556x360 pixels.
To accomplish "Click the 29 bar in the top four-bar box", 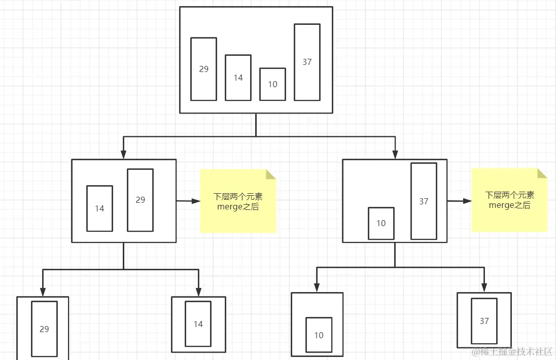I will (x=203, y=69).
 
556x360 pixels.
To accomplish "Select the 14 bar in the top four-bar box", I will (x=238, y=78).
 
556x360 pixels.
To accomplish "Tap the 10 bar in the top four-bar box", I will (x=272, y=84).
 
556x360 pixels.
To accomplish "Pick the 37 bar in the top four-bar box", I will (x=307, y=62).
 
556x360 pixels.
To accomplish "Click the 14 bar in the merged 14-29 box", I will (x=99, y=208).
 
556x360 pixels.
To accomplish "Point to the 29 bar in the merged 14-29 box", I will (x=140, y=200).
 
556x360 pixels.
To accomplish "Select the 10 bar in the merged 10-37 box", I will (x=381, y=223).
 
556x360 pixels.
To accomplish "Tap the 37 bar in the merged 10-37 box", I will (x=424, y=201).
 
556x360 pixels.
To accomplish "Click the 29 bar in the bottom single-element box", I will (x=44, y=329).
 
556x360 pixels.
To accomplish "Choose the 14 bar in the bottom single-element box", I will (x=198, y=323).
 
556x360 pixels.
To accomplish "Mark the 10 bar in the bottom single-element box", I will (x=319, y=335).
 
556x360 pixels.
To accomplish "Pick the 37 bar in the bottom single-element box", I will (x=484, y=320).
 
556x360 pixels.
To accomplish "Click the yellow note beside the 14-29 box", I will (x=238, y=201).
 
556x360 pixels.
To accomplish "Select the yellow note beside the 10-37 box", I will (x=509, y=200).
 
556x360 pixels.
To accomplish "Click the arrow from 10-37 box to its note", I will (x=460, y=201).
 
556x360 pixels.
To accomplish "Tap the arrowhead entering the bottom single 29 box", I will (x=43, y=292).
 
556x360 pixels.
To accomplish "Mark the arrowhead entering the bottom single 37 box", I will (x=484, y=287).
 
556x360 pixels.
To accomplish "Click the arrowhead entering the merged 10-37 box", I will (x=395, y=155).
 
